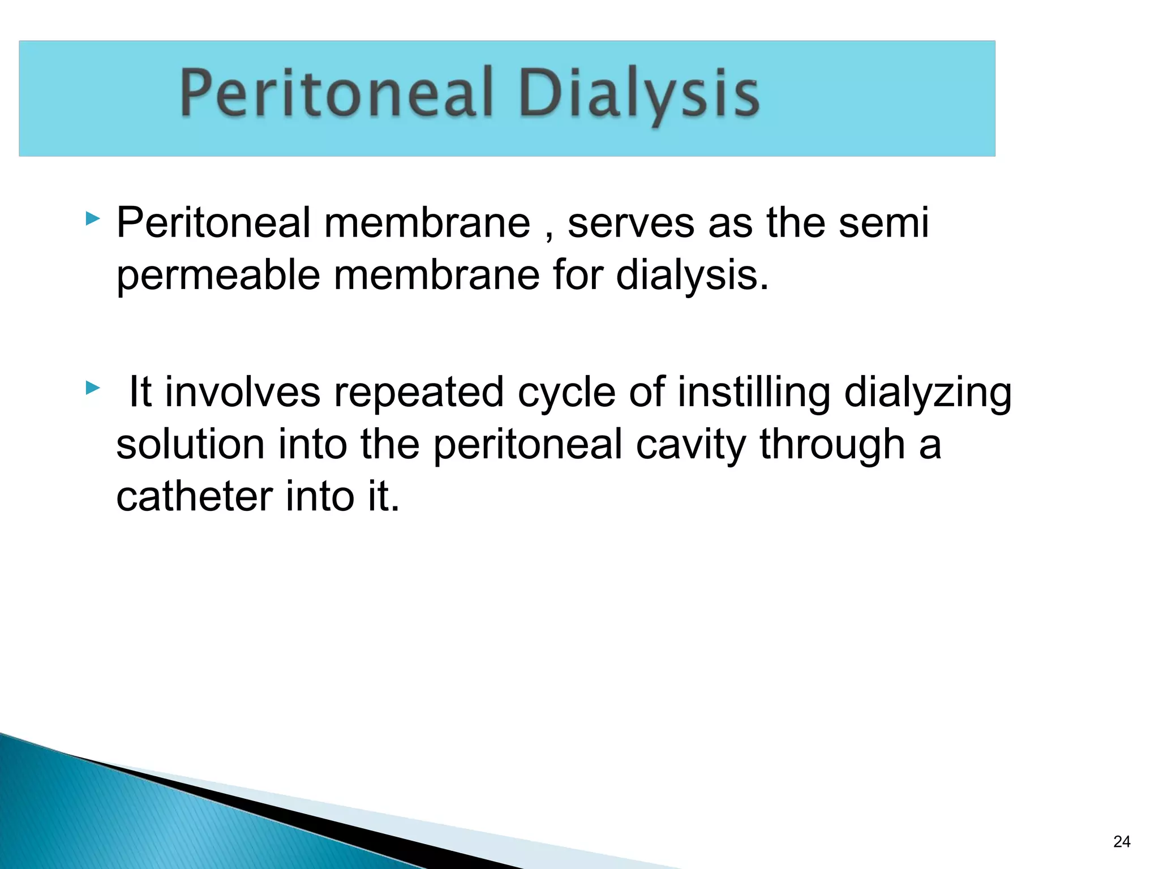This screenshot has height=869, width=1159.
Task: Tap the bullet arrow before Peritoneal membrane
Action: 93,218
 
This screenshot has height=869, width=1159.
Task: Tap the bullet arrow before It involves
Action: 93,388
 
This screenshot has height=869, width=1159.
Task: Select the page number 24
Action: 1121,842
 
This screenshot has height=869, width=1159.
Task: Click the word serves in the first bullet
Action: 631,223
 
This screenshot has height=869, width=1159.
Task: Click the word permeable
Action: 218,276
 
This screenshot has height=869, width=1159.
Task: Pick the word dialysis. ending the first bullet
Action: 692,275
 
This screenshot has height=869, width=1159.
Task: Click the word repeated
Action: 419,393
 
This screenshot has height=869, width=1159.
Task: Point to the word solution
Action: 190,444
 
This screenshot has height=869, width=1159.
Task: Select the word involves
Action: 243,393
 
